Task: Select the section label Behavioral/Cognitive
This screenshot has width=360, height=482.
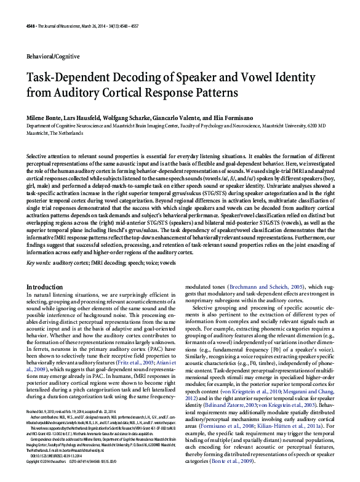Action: pyautogui.click(x=54, y=56)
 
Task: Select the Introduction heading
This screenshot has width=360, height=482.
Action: pyautogui.click(x=46, y=287)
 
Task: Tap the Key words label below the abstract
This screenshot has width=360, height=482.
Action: pyautogui.click(x=39, y=262)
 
